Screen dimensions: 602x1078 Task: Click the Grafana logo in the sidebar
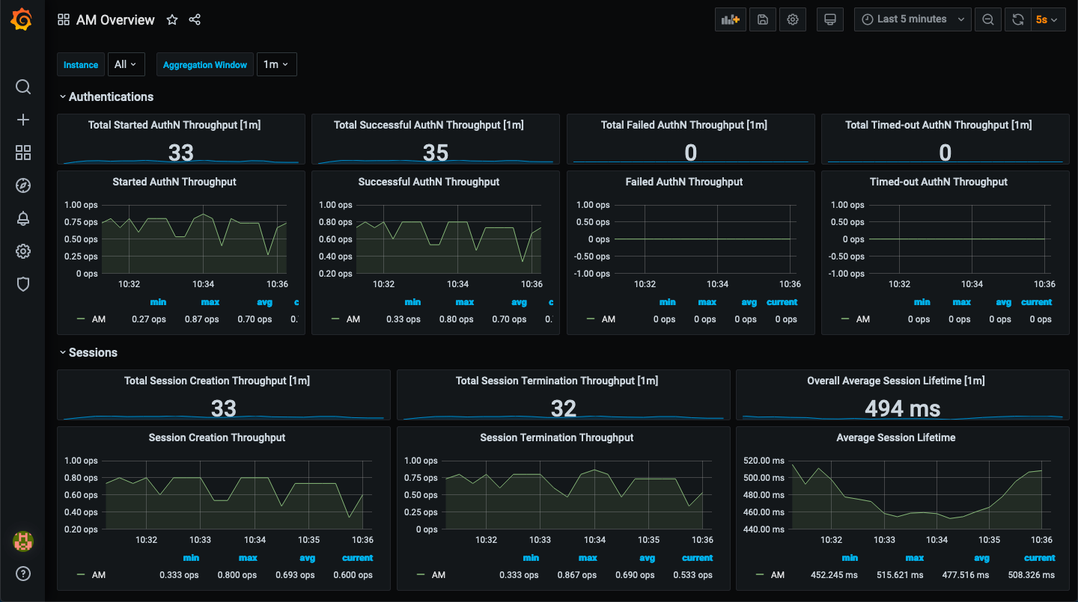tap(22, 20)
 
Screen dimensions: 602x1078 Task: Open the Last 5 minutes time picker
tap(912, 19)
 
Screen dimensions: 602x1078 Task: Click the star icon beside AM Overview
tap(172, 20)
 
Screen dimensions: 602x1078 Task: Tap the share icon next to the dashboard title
tap(195, 20)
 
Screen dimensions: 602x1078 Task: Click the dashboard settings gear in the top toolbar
tap(793, 20)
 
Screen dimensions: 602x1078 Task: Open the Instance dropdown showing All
tap(125, 64)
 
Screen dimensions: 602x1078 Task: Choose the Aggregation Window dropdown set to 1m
tap(276, 64)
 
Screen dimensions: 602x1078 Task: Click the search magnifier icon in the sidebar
tap(23, 87)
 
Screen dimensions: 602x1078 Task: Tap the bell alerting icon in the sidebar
tap(23, 218)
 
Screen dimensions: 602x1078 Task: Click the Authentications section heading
tap(111, 96)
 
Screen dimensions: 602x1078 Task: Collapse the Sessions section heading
tap(93, 352)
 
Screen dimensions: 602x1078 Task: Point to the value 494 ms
tap(902, 408)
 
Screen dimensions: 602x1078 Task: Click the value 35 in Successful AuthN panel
tap(436, 153)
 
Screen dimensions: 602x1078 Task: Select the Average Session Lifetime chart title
tap(895, 437)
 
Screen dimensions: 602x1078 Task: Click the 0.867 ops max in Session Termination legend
tap(577, 575)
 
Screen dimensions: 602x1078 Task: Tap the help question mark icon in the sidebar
tap(23, 574)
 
